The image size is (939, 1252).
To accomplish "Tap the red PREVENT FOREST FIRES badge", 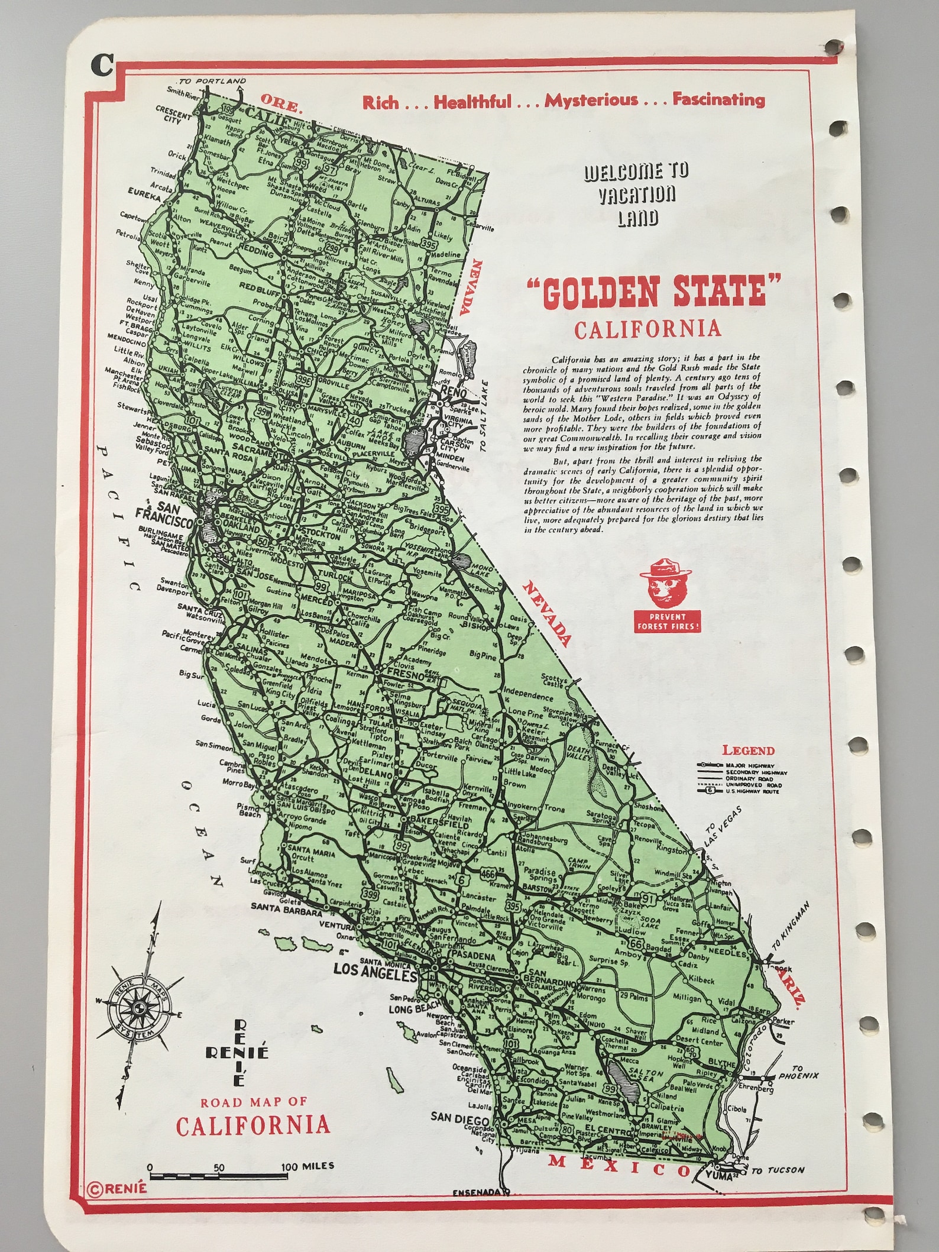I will (668, 622).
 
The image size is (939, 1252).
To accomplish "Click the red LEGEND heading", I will (748, 750).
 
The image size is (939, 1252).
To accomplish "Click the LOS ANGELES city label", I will (375, 969).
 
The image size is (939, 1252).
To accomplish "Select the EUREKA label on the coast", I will (144, 194).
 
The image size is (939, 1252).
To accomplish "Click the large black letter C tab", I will (101, 66).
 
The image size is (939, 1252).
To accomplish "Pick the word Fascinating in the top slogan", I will (718, 99).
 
